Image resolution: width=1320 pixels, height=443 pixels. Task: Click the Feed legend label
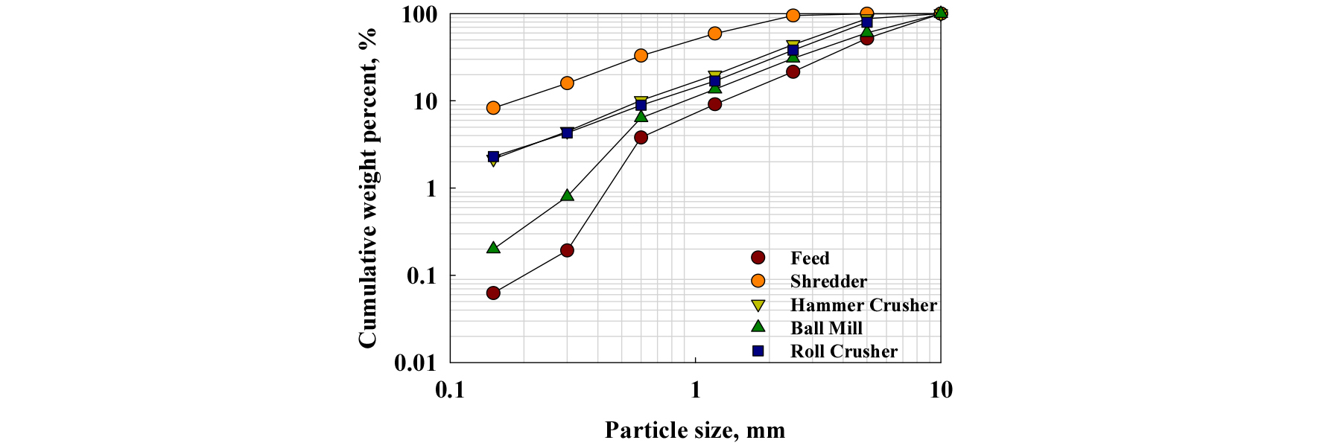coord(810,258)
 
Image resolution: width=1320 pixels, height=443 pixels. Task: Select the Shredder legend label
coord(828,281)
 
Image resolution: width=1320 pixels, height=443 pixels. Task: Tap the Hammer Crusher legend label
coord(863,305)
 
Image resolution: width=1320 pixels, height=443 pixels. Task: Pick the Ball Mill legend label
coord(826,328)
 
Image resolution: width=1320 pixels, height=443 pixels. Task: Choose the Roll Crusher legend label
coord(844,351)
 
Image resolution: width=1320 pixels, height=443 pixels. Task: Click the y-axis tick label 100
coord(419,15)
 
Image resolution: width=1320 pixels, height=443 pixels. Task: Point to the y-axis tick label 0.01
coord(415,363)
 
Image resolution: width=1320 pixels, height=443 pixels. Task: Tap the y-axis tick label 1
coord(431,189)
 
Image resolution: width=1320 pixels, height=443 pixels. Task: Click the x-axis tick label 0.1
coord(450,389)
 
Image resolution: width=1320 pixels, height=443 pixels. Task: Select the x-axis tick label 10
coord(941,389)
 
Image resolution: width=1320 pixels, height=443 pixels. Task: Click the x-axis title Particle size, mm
coord(695,430)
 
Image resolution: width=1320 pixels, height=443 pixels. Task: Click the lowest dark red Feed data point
coord(493,293)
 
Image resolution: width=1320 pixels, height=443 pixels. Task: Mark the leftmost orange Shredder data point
coord(493,108)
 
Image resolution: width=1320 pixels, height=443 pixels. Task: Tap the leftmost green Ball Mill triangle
coord(493,247)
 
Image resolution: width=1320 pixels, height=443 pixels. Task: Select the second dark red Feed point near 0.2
coord(567,250)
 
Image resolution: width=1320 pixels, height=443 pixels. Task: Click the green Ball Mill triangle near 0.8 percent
coord(567,196)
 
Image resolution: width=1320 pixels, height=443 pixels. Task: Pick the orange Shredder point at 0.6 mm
coord(641,56)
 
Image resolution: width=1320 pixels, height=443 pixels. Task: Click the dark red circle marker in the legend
coord(758,258)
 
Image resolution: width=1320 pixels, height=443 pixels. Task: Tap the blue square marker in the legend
coord(758,351)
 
